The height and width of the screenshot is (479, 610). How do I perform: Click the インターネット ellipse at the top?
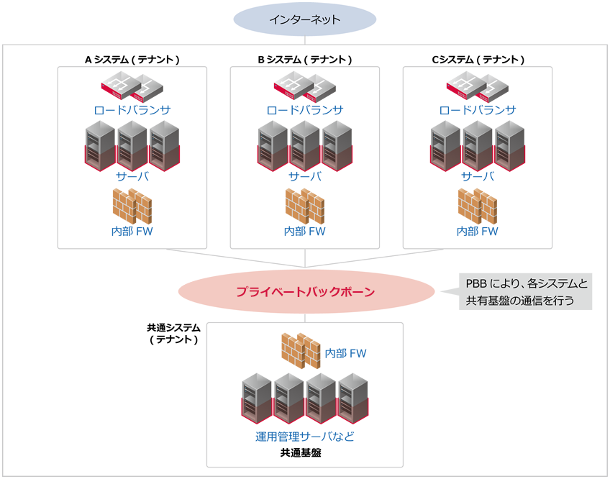pos(305,19)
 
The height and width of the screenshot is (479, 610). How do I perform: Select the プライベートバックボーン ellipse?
pos(305,292)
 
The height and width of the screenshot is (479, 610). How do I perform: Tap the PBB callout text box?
pos(526,292)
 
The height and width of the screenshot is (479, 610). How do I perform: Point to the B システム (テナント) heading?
pos(305,60)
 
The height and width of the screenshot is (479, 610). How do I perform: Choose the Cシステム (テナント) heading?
pos(478,60)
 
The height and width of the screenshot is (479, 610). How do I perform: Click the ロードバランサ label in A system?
pos(132,111)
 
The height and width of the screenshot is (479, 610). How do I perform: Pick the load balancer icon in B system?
pos(305,88)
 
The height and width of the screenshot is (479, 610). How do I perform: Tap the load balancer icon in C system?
pos(478,88)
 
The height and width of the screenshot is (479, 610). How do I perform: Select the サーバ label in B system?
pos(305,177)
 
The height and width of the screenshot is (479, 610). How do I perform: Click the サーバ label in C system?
pos(478,177)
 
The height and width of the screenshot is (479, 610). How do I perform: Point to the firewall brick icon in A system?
pos(132,206)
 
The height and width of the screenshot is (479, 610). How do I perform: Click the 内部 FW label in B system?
pos(305,232)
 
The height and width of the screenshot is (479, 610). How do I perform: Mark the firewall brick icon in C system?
pos(478,206)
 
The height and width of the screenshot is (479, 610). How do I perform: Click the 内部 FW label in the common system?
pos(346,353)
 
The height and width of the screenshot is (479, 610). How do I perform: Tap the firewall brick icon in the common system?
pos(301,350)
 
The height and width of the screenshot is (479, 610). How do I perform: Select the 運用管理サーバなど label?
pos(305,437)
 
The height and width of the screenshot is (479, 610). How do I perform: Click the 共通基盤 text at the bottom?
pos(305,454)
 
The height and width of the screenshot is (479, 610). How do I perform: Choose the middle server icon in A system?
pos(132,145)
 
